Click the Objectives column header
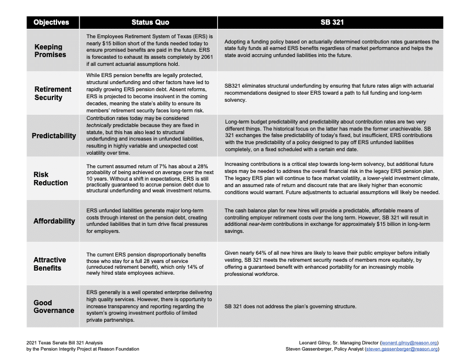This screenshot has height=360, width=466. tap(51, 22)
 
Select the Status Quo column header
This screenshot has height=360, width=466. tap(150, 22)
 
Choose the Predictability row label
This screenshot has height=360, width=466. tap(54, 135)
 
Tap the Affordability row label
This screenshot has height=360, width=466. tap(54, 221)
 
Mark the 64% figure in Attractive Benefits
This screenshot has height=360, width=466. tap(258, 251)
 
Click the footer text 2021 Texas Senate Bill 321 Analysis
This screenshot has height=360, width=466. tap(61, 342)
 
